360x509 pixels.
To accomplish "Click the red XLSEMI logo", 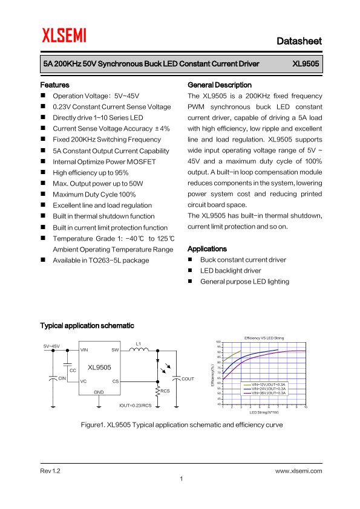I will click(x=64, y=36).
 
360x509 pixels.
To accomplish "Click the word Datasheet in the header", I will click(x=299, y=41).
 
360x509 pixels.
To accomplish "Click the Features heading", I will click(x=54, y=85).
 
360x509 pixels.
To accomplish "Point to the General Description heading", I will click(x=220, y=85).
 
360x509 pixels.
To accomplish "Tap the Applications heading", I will click(x=207, y=249).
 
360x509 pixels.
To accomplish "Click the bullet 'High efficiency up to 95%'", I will click(x=90, y=172).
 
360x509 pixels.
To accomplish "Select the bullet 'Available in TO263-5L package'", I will click(x=100, y=260).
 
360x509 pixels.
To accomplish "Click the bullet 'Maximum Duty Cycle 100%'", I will click(x=94, y=195).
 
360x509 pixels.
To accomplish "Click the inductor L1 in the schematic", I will click(x=139, y=349).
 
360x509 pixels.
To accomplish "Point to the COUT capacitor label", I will click(x=188, y=379).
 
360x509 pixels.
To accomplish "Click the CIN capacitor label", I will click(x=62, y=378).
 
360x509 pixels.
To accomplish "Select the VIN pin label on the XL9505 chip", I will click(x=84, y=350).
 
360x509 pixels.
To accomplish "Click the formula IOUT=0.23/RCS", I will click(x=136, y=405).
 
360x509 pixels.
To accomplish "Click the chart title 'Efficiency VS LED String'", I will click(x=264, y=337).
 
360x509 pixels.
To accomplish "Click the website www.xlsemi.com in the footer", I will click(x=298, y=470).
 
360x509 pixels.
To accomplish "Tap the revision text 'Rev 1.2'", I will click(x=50, y=470).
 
